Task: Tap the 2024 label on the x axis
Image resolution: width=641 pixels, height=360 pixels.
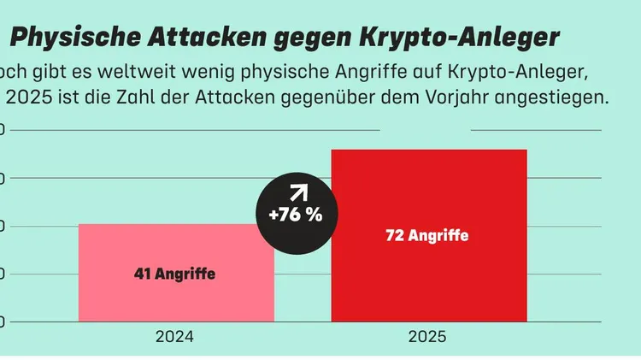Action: point(174,337)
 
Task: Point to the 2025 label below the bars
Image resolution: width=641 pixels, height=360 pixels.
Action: point(427,337)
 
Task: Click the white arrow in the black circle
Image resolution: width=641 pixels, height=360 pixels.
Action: point(297,192)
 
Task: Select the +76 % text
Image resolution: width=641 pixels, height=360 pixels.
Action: point(296,215)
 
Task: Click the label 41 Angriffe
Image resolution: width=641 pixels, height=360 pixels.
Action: point(174,274)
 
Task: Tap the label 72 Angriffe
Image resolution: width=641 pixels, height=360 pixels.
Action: point(427,236)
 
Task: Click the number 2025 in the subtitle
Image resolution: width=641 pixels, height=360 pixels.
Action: point(30,97)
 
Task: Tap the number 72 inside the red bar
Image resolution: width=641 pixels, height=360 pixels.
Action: point(395,236)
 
